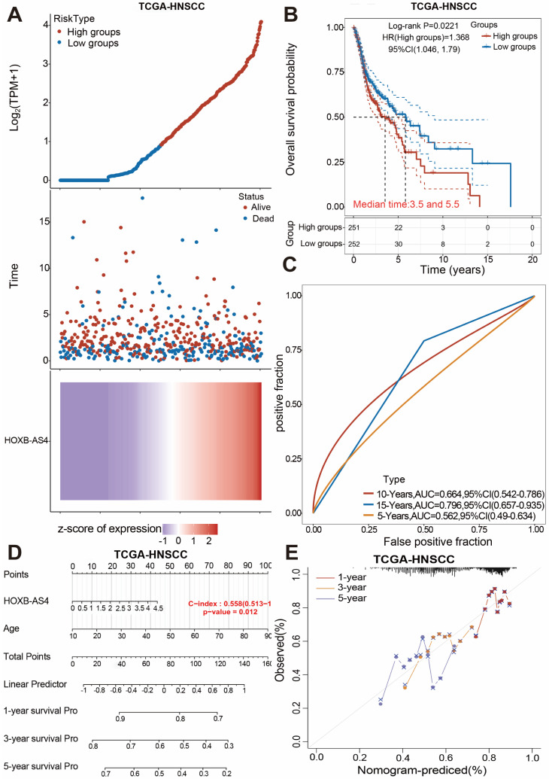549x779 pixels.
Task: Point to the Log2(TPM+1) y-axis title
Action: pyautogui.click(x=15, y=97)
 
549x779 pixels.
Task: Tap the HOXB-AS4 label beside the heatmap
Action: pyautogui.click(x=26, y=440)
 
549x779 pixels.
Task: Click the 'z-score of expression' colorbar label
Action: pyautogui.click(x=110, y=528)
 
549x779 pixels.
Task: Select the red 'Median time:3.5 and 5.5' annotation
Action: pyautogui.click(x=406, y=204)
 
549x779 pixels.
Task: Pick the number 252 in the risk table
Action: pyautogui.click(x=353, y=244)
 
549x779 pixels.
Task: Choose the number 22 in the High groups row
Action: pyautogui.click(x=398, y=227)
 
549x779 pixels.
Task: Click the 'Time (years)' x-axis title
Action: pyautogui.click(x=452, y=269)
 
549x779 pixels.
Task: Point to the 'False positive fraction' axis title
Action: pyautogui.click(x=438, y=541)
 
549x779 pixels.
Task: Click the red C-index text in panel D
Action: pyautogui.click(x=230, y=604)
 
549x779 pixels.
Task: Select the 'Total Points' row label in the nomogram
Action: pyautogui.click(x=27, y=656)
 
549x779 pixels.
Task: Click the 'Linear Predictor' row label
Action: pyautogui.click(x=35, y=684)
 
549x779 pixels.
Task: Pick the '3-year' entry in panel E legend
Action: pyautogui.click(x=351, y=588)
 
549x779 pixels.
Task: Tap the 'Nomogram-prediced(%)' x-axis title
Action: pyautogui.click(x=420, y=771)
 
